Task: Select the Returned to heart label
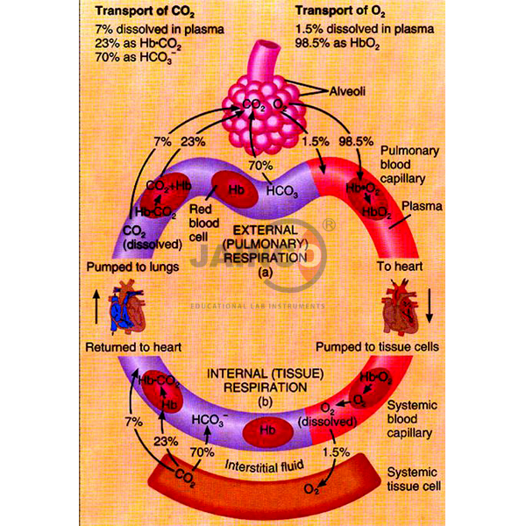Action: tap(132, 347)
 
